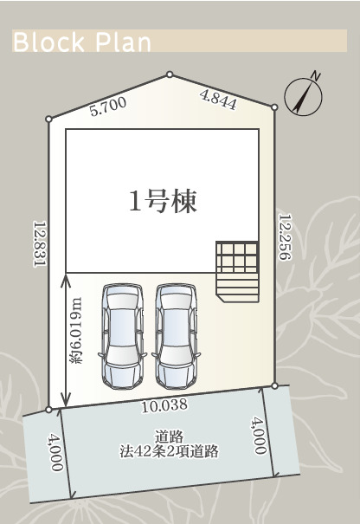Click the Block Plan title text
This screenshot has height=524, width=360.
click(82, 42)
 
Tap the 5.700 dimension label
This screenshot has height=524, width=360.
click(108, 107)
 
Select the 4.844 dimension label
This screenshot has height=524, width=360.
click(218, 100)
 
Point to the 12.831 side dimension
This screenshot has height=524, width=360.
click(40, 243)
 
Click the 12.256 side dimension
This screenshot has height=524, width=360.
click(286, 237)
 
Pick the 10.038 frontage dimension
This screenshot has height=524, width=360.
click(164, 405)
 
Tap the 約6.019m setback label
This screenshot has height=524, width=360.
click(76, 331)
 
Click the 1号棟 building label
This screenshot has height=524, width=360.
click(163, 202)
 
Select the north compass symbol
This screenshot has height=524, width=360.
click(303, 97)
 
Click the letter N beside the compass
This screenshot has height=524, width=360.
click(315, 75)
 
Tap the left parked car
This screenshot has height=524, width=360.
click(123, 337)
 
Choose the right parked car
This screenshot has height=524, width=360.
click(177, 337)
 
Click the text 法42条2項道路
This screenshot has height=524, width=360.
click(169, 451)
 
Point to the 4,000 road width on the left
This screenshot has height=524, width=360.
click(55, 451)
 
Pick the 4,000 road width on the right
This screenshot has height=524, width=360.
click(260, 435)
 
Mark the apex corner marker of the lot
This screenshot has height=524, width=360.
click(170, 74)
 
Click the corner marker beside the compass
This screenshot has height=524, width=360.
click(274, 107)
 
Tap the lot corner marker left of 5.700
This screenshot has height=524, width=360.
click(48, 119)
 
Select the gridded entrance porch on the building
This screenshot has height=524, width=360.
click(237, 272)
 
